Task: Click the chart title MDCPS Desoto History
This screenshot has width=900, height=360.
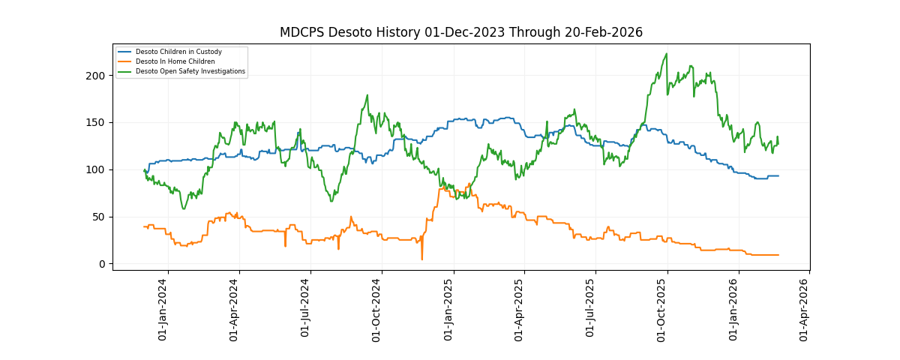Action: [460, 32]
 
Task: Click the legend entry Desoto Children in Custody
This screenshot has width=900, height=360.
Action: [178, 52]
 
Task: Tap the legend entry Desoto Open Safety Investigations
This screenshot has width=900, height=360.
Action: [190, 71]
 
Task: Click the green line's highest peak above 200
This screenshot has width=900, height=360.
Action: [667, 54]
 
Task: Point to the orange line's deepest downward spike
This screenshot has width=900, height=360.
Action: [421, 259]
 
